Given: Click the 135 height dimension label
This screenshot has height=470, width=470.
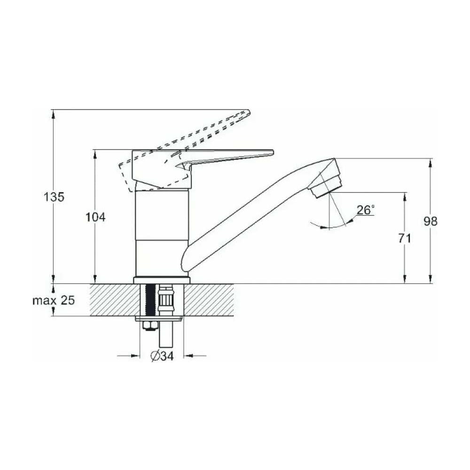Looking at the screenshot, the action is (54, 197).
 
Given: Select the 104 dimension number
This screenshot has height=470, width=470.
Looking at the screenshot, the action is (95, 217).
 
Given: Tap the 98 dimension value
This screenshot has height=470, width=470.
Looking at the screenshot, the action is (431, 221).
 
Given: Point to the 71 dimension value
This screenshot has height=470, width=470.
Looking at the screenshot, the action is (405, 239).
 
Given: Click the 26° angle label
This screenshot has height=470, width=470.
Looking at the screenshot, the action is (366, 210).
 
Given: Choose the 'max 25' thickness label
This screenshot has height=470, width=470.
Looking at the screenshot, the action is (54, 300).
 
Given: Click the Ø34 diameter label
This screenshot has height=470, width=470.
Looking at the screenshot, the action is (162, 356).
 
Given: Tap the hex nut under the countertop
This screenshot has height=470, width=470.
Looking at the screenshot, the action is (149, 326).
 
